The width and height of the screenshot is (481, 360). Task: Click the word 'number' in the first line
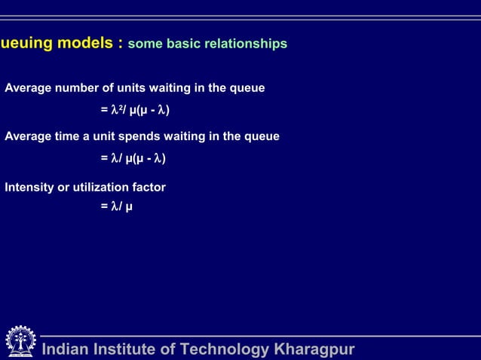click(x=78, y=88)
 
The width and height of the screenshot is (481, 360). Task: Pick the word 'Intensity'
click(x=29, y=187)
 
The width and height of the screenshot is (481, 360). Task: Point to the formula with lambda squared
click(x=135, y=111)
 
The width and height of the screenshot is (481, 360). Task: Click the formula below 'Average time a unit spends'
click(x=133, y=159)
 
